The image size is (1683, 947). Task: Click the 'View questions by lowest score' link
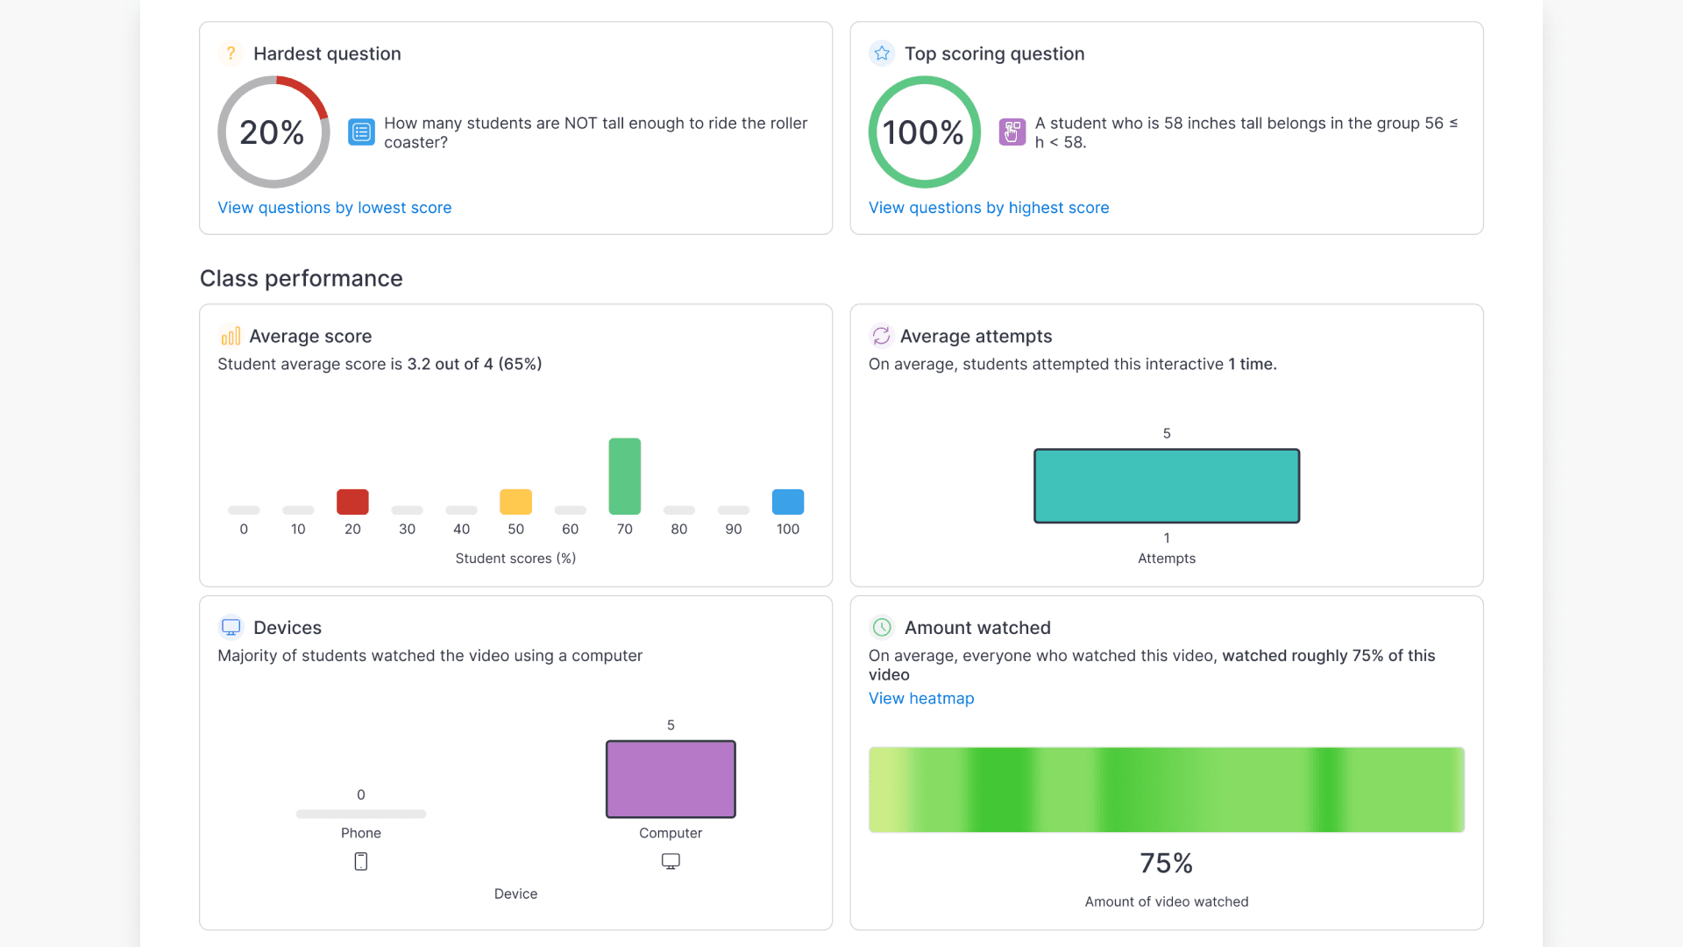pyautogui.click(x=334, y=208)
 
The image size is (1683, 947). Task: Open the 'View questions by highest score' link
pyautogui.click(x=988, y=208)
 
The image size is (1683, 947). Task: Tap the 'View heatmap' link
pyautogui.click(x=920, y=699)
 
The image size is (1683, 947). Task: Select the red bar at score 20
pyautogui.click(x=352, y=502)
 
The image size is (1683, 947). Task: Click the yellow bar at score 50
pyautogui.click(x=515, y=502)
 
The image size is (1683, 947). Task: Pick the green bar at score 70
pyautogui.click(x=624, y=476)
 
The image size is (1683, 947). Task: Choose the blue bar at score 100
pyautogui.click(x=787, y=502)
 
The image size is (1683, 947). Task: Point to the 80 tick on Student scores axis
pyautogui.click(x=678, y=529)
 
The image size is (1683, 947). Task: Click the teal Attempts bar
pyautogui.click(x=1166, y=486)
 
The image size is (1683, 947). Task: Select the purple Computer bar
pyautogui.click(x=671, y=779)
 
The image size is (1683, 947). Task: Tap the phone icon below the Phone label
pyautogui.click(x=360, y=861)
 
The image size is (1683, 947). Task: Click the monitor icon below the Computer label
pyautogui.click(x=671, y=861)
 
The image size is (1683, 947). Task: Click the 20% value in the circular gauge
pyautogui.click(x=272, y=132)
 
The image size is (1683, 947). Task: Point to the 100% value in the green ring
pyautogui.click(x=923, y=132)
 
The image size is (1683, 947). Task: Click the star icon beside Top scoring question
pyautogui.click(x=882, y=53)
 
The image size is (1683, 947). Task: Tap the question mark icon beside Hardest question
pyautogui.click(x=231, y=53)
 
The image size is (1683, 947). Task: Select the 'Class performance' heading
pyautogui.click(x=301, y=278)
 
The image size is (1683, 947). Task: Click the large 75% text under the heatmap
pyautogui.click(x=1166, y=863)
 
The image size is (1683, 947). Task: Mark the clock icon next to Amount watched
pyautogui.click(x=882, y=627)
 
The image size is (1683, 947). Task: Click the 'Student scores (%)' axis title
pyautogui.click(x=515, y=559)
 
